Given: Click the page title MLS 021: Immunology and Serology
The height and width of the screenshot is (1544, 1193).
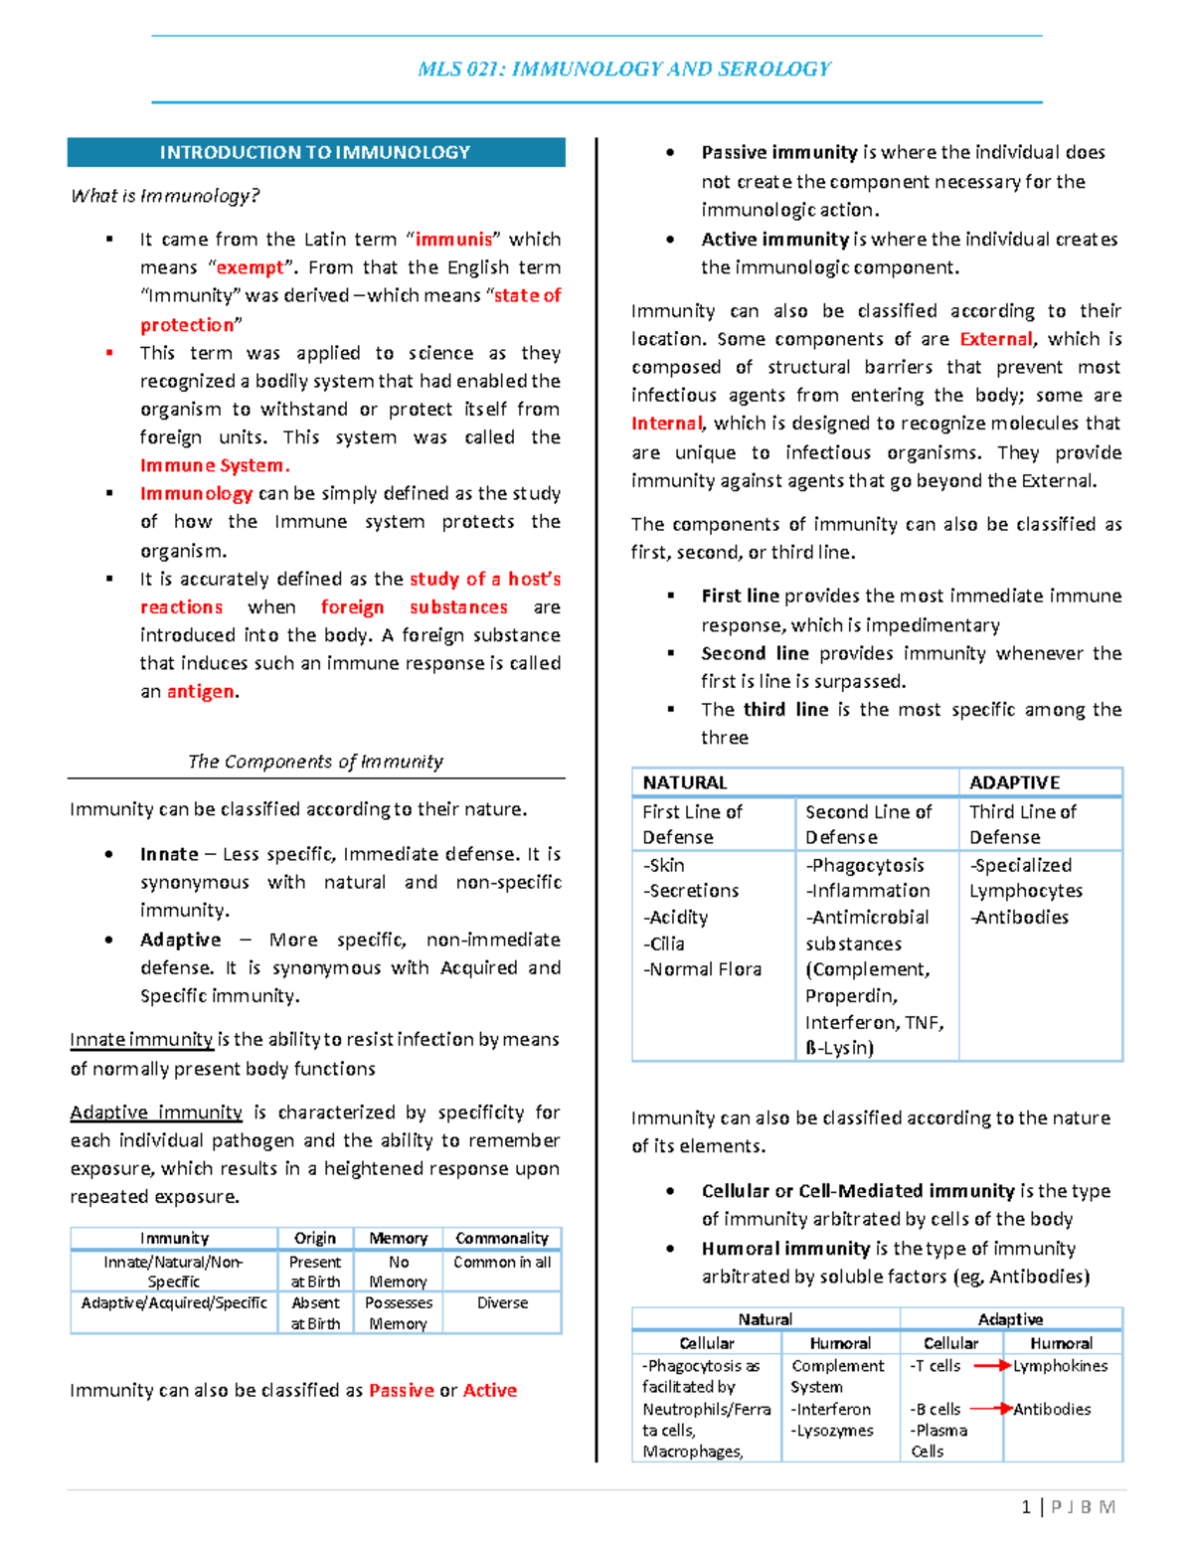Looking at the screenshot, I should [624, 69].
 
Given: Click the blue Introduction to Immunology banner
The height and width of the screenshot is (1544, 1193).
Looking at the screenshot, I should [315, 152].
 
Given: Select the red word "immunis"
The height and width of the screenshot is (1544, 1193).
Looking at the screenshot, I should [453, 240].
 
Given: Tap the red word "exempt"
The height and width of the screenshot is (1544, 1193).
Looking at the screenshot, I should [250, 267].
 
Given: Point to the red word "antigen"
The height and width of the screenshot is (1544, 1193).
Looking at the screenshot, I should [201, 691].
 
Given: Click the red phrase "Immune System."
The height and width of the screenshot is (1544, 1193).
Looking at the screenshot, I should [215, 465].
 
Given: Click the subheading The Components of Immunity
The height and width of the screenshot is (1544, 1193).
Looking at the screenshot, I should [315, 762].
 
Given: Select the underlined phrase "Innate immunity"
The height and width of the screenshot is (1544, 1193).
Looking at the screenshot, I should [141, 1040].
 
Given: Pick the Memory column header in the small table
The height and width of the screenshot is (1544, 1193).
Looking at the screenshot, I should [398, 1238].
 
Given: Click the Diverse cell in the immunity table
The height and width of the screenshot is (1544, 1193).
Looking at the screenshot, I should [502, 1302].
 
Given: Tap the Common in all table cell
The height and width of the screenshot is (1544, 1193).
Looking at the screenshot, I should [502, 1262].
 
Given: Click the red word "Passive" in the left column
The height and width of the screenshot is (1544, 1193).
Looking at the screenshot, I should [401, 1390].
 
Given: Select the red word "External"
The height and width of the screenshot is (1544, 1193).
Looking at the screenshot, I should [995, 339].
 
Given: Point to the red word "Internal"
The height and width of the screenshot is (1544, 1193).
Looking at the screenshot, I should [666, 424].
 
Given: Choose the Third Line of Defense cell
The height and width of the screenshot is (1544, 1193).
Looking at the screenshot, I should [1023, 824].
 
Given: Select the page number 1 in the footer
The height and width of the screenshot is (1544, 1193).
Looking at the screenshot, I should [1025, 1507].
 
